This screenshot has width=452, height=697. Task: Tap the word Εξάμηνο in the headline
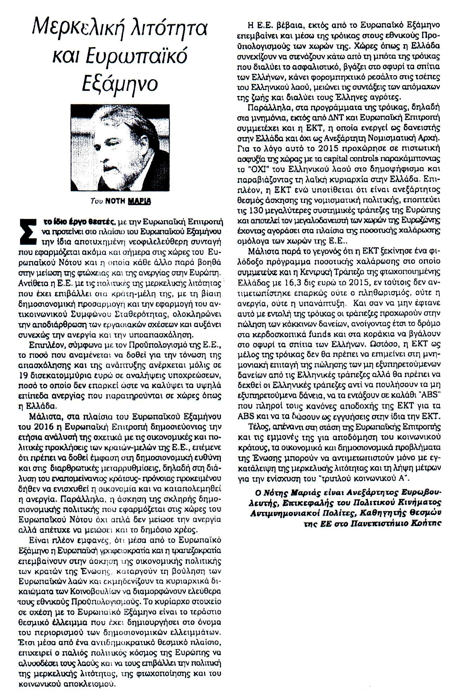119,83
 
